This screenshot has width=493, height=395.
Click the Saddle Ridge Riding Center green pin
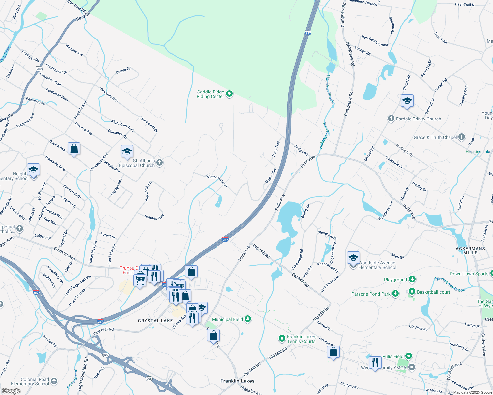tap(229, 94)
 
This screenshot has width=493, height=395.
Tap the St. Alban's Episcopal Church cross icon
tap(159, 162)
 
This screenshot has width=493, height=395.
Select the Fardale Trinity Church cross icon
tap(391, 118)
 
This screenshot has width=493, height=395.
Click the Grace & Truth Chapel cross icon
tap(462, 137)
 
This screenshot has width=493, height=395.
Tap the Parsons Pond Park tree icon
tap(395, 294)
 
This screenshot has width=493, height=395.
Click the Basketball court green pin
tap(412, 292)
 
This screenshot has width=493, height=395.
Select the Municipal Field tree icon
tap(248, 319)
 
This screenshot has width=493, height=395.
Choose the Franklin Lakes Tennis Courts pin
tap(282, 338)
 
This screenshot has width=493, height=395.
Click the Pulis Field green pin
tap(409, 356)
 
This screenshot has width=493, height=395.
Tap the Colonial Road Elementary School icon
tap(54, 381)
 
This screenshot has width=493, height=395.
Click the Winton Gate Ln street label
tap(217, 181)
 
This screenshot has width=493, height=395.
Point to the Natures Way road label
tap(154, 217)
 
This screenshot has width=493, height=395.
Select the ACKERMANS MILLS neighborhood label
tap(471, 250)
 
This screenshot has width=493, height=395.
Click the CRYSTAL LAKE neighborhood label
tap(156, 320)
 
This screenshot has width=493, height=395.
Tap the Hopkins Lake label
tap(478, 152)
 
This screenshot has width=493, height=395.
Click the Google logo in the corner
tap(11, 391)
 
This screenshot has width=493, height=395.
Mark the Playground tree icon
tap(412, 279)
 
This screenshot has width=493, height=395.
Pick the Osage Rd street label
tap(123, 70)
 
